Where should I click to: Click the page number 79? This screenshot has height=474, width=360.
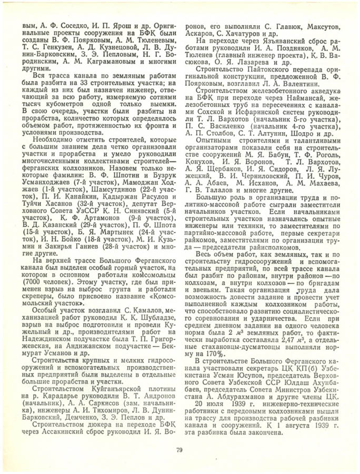(x=179, y=449)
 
